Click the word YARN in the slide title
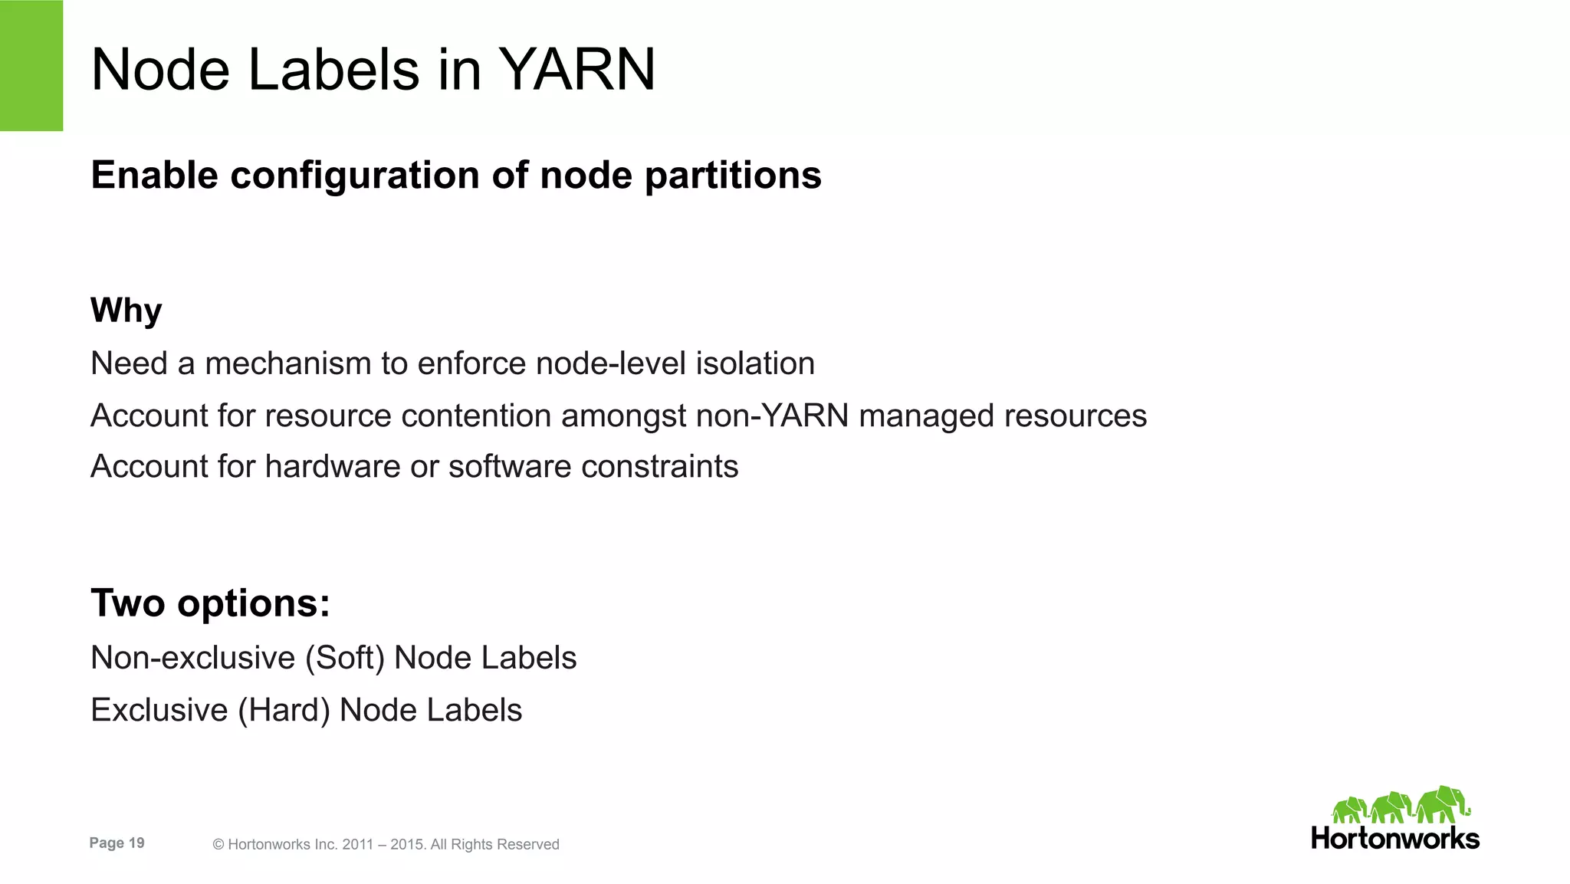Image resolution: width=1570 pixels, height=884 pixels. [577, 70]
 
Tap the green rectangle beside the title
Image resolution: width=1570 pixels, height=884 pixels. [31, 65]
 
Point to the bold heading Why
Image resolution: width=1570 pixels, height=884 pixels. [126, 311]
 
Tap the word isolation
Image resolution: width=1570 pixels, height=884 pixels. [755, 363]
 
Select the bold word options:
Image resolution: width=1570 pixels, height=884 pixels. [253, 603]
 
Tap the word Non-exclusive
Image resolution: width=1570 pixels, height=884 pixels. [192, 658]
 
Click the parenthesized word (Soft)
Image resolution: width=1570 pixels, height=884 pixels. [345, 658]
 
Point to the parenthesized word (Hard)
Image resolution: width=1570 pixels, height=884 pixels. [284, 710]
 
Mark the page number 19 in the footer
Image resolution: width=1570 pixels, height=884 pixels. [136, 843]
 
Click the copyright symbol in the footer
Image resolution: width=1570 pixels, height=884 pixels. [218, 844]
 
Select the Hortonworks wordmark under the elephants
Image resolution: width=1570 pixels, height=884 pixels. [1395, 838]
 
